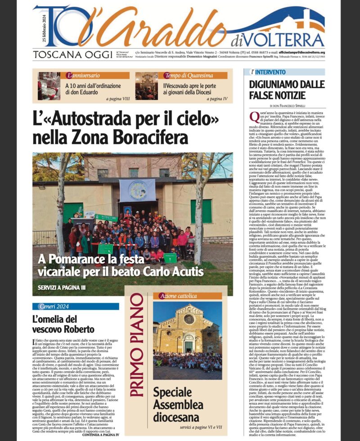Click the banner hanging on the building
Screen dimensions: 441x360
click(138, 189)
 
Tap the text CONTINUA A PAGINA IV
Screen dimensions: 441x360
click(100, 435)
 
